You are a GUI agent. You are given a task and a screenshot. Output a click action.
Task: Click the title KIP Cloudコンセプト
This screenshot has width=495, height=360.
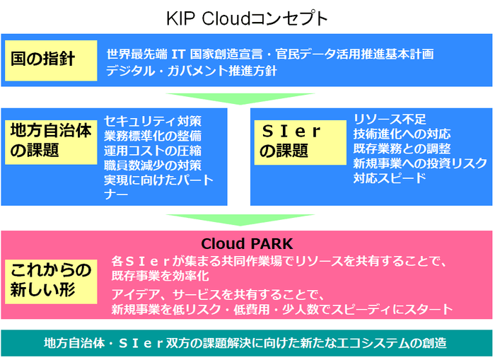click(x=247, y=18)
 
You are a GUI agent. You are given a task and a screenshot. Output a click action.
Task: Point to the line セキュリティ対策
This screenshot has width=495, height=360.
click(x=153, y=120)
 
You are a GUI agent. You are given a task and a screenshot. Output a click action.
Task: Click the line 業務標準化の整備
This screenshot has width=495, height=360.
click(x=153, y=136)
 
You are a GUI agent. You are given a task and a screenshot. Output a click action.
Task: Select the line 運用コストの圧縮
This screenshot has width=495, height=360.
click(x=153, y=151)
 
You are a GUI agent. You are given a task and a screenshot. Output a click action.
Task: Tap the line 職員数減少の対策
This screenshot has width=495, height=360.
click(x=153, y=166)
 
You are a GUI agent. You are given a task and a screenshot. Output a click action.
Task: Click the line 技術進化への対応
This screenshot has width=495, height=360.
click(x=402, y=134)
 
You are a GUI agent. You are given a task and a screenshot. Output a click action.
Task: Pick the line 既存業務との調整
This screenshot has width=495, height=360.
click(x=402, y=149)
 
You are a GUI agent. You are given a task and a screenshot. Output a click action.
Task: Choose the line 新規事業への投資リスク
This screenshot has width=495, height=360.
click(x=420, y=163)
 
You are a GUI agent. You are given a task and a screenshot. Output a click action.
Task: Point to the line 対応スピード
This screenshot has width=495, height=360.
click(x=390, y=178)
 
